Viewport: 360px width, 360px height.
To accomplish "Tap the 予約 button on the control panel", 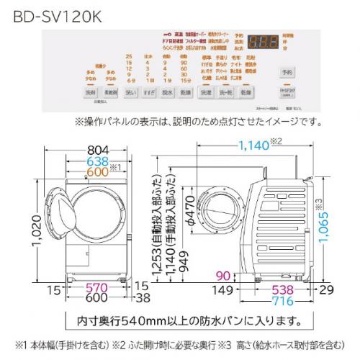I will click(287, 73).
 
